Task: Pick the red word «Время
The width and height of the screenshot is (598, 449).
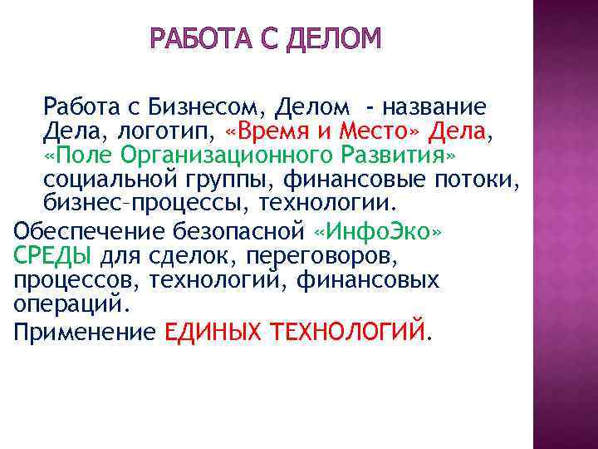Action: tap(264, 131)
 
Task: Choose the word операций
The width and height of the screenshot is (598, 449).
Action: tap(70, 303)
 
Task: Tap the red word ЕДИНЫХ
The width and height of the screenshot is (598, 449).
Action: tap(214, 333)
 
